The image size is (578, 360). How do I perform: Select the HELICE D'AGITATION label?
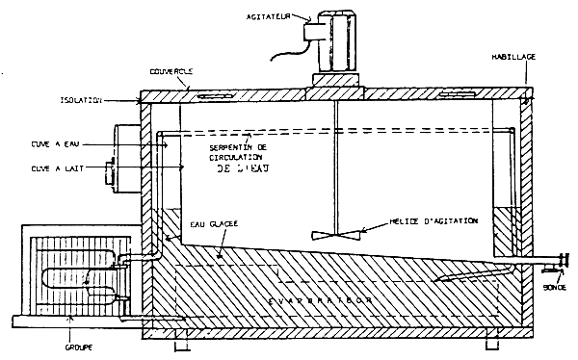pos(420,220)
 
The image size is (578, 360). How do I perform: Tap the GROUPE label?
pos(78,343)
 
